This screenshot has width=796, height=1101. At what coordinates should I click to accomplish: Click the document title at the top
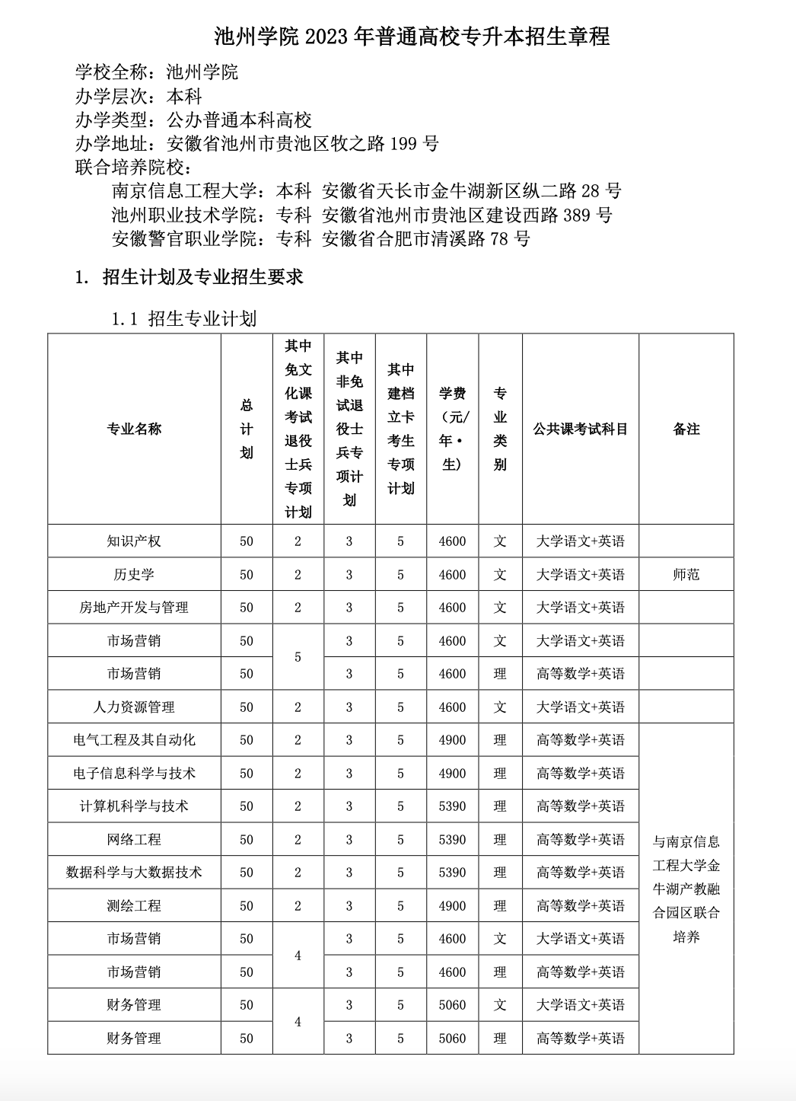(412, 36)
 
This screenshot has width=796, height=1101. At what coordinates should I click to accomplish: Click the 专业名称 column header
(134, 429)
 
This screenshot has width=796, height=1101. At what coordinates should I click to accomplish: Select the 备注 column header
(686, 429)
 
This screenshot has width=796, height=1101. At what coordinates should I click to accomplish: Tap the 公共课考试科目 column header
(580, 429)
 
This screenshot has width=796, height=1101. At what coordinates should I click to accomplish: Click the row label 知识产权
(134, 541)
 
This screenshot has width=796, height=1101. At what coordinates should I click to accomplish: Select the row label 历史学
(134, 575)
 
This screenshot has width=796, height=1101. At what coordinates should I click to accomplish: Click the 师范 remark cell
(686, 575)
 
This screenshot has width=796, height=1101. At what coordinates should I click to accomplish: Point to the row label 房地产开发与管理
(134, 608)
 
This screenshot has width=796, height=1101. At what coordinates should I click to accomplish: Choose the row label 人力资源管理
(134, 707)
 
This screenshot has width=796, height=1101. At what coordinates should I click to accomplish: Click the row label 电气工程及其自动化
(134, 740)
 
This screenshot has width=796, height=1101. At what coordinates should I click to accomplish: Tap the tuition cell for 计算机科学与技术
(452, 806)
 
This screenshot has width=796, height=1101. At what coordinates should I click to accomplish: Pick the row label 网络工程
(134, 840)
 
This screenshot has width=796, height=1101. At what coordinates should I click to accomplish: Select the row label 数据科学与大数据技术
(134, 873)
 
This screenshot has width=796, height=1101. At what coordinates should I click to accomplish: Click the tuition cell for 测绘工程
(452, 906)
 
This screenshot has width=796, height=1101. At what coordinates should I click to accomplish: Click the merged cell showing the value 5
(298, 657)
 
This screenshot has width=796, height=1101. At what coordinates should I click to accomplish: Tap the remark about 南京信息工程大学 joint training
(686, 889)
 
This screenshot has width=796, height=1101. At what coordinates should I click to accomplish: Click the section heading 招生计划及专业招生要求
(202, 277)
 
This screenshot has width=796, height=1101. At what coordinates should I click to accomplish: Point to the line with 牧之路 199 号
(257, 143)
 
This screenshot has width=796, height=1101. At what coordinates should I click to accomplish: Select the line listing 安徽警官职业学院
(320, 239)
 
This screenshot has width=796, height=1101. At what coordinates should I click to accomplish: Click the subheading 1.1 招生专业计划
(184, 318)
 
